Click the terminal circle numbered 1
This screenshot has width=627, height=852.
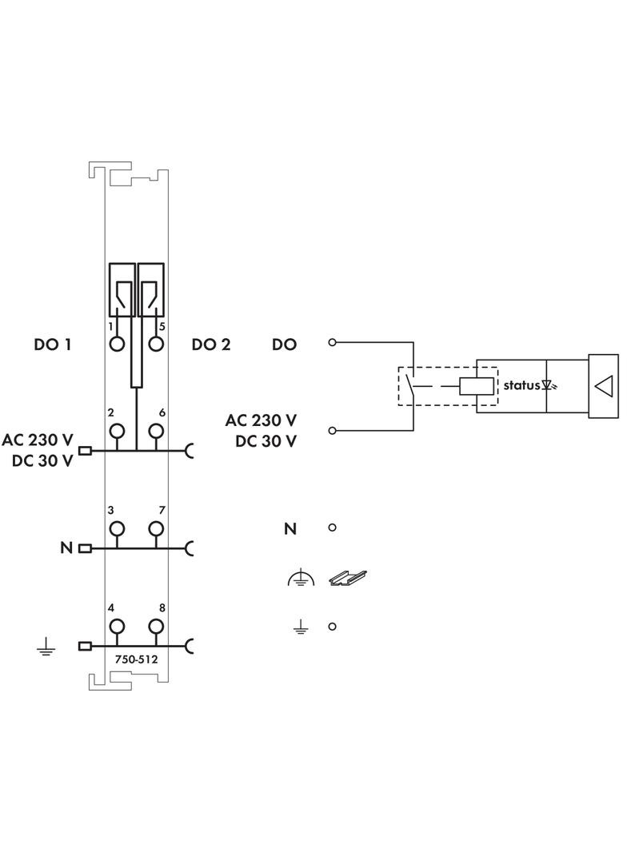point(118,344)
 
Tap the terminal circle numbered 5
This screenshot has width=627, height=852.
point(156,344)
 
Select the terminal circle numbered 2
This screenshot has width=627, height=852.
point(118,431)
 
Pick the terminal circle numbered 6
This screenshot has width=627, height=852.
point(156,431)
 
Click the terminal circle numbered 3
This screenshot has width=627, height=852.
point(118,528)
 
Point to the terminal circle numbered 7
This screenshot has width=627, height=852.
point(156,528)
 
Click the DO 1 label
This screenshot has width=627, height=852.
point(53,344)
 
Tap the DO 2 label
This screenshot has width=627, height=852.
point(211,344)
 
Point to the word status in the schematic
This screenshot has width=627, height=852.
point(521,385)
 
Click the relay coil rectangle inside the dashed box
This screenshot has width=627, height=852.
point(475,386)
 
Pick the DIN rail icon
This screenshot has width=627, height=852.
point(348,577)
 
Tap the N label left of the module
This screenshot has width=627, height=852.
point(66,548)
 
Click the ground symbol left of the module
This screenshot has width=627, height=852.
point(46,647)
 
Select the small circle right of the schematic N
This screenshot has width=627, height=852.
point(333,528)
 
